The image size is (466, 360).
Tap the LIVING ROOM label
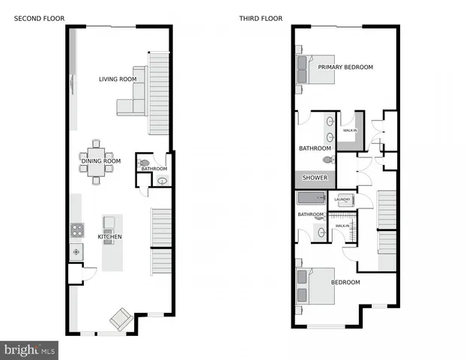[x=118, y=79]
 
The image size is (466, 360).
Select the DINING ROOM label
[x=101, y=160]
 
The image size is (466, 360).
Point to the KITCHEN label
[x=109, y=237]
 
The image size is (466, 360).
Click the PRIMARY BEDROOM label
[x=345, y=67]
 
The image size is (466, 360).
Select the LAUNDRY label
[x=343, y=199]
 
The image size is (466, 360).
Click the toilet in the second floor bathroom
[x=144, y=161]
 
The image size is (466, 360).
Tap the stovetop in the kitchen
[x=76, y=230]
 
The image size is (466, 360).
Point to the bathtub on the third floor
[x=312, y=199]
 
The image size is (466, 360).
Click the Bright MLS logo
[x=30, y=349]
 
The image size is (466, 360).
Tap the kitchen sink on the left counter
[x=76, y=253]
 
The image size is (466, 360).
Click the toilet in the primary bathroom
[x=327, y=159]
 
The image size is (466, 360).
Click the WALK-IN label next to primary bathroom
[x=350, y=130]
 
